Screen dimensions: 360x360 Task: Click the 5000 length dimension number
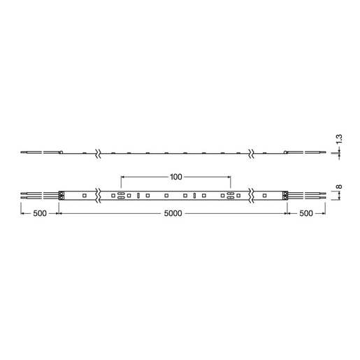173,214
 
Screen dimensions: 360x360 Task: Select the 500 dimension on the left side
39,214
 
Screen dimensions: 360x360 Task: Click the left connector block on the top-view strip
62,195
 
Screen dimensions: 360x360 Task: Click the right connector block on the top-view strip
285,195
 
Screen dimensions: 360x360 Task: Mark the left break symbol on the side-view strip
99,152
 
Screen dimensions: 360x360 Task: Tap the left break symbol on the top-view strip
99,195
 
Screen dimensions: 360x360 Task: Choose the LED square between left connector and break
83,195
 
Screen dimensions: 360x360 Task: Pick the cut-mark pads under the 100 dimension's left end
121,195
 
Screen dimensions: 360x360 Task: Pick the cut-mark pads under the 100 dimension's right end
227,195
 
